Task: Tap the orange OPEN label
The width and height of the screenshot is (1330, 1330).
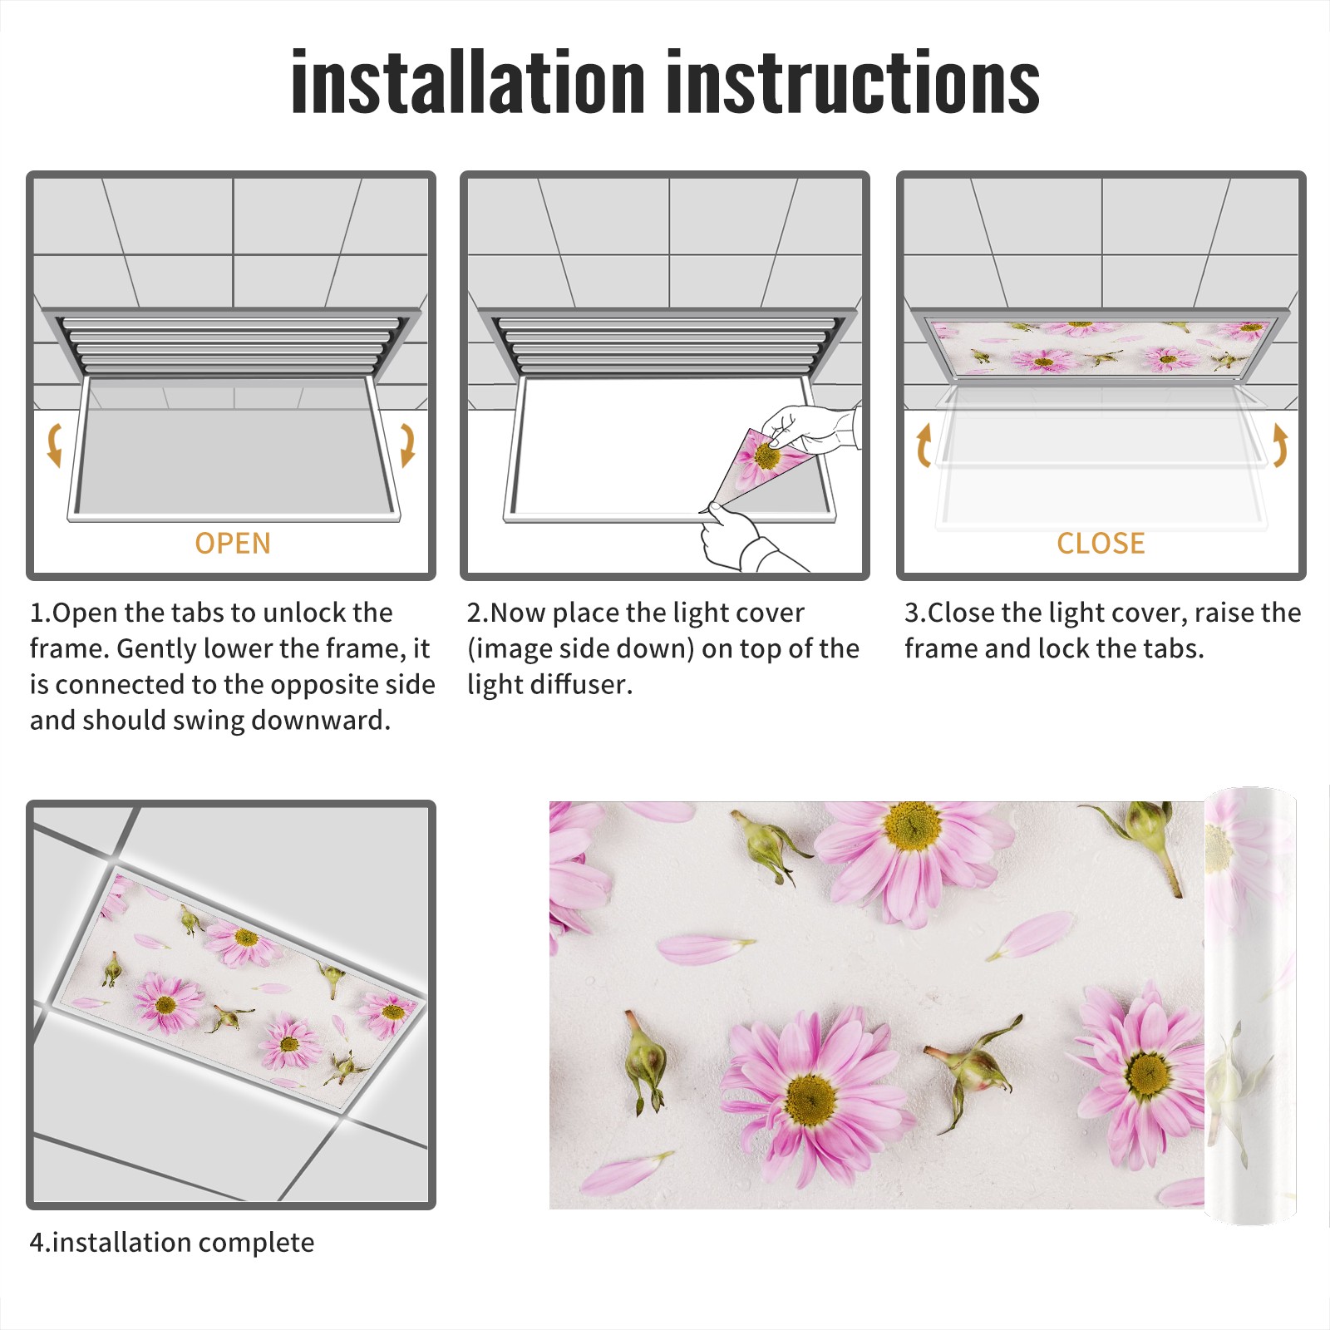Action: point(233,544)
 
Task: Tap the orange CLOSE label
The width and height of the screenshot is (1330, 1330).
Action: point(1101,544)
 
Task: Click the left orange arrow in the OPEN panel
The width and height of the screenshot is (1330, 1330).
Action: point(55,445)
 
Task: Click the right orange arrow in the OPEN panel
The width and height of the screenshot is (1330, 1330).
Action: point(407,445)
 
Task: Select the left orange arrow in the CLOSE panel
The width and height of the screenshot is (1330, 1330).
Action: point(924,445)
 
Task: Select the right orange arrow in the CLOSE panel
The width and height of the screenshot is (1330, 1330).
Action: point(1280,445)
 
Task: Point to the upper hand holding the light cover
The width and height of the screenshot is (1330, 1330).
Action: point(810,429)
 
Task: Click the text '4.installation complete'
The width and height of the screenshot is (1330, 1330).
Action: point(172,1243)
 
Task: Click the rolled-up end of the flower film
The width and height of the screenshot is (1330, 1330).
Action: point(1250,1005)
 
